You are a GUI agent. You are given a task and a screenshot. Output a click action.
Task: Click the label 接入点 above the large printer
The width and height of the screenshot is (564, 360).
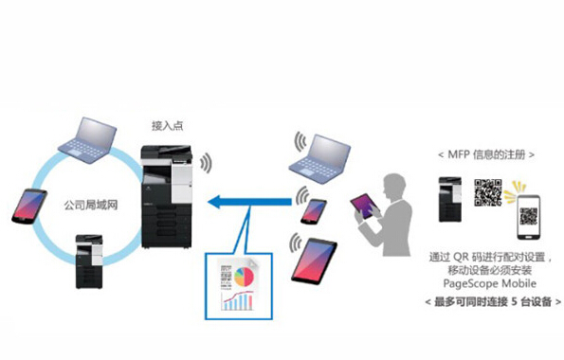tap(167, 126)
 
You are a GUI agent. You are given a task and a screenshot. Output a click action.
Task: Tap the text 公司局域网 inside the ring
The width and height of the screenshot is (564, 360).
tap(91, 206)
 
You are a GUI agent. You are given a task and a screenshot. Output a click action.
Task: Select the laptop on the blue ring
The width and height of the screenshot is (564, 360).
tap(88, 140)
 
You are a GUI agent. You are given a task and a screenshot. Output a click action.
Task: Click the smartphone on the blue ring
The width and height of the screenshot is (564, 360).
tap(29, 207)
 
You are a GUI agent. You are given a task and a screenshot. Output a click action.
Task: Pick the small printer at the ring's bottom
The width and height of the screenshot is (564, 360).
tap(89, 261)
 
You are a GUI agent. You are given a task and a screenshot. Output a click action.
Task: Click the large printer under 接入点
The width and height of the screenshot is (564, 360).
tap(166, 196)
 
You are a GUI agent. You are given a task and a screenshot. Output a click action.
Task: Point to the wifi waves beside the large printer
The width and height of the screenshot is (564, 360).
tap(206, 163)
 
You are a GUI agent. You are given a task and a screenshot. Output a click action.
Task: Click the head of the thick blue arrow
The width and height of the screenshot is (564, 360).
tap(214, 202)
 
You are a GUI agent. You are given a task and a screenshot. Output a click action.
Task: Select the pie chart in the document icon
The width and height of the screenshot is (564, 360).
tap(244, 277)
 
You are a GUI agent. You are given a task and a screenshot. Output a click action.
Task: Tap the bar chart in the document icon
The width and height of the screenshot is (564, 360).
tap(237, 300)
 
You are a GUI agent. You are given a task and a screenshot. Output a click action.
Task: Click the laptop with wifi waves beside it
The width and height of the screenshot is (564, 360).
tap(319, 158)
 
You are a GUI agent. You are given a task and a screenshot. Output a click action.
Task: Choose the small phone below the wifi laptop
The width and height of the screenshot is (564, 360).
tap(314, 211)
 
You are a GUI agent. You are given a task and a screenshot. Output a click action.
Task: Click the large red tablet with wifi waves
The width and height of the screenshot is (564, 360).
tap(314, 261)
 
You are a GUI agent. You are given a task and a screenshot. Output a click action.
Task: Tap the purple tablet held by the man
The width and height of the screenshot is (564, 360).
tap(365, 207)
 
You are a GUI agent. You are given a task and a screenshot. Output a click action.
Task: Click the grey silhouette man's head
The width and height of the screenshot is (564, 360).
tap(395, 187)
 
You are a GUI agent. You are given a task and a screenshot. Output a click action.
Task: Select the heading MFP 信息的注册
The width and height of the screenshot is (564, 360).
tap(486, 154)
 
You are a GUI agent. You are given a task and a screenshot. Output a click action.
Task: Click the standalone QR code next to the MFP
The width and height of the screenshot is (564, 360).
tap(488, 192)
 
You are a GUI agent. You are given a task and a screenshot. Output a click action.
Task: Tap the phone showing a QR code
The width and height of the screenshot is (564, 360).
tap(529, 217)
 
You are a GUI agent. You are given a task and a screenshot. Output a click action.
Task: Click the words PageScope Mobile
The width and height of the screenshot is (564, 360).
tap(489, 283)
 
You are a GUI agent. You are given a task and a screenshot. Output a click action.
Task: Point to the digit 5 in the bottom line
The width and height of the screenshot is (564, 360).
tap(515, 301)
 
